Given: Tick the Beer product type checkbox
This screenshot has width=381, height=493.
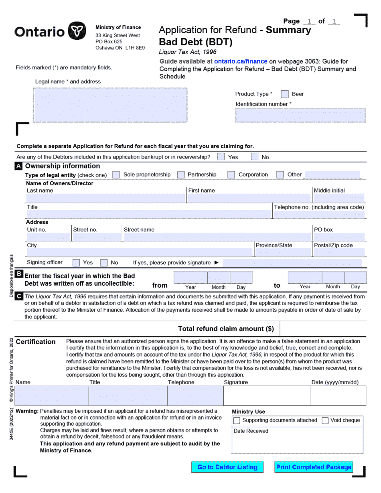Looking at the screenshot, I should [285, 94].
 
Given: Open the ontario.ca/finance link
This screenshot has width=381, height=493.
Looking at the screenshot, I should [241, 61].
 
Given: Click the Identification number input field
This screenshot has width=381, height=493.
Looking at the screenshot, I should [300, 115].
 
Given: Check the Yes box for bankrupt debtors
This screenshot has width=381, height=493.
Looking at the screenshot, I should [221, 157].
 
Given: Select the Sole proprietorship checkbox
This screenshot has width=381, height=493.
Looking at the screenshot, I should [116, 175].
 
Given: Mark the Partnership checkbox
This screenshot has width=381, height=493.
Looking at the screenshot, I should [181, 175].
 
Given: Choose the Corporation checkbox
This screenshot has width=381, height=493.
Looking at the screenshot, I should [231, 175].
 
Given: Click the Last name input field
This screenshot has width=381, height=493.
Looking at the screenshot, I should [105, 198].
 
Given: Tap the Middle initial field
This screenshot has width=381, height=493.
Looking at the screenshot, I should [338, 198].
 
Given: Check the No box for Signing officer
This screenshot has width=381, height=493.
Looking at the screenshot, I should [104, 263].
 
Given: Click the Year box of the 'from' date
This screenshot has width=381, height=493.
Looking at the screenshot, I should [190, 278].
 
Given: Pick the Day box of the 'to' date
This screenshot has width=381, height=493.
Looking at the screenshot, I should [355, 278].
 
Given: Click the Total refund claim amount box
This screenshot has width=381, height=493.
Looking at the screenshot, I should [323, 329].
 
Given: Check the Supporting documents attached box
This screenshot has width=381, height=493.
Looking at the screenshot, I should [237, 420].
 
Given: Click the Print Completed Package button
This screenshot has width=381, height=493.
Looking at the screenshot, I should [314, 467].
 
